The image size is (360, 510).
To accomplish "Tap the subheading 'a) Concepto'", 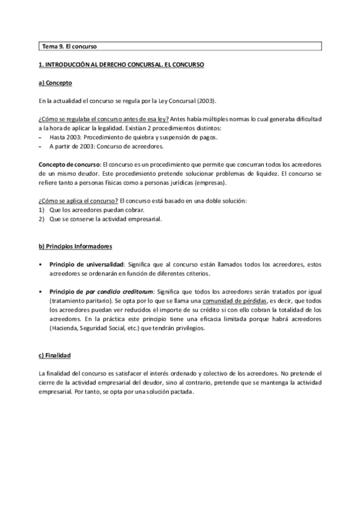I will tap(55, 82).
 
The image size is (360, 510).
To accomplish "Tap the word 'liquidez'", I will tap(258, 173).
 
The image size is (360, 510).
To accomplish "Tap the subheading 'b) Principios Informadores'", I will tap(75, 247).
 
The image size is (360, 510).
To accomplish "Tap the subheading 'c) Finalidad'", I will tap(55, 355).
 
